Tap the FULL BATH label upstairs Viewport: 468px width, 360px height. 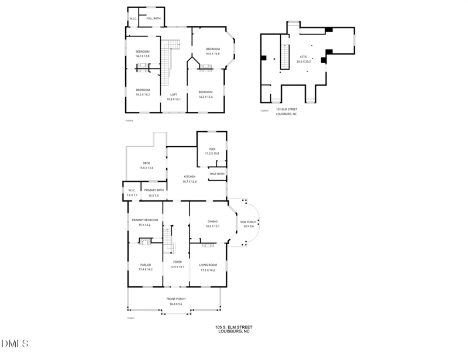pyautogui.click(x=154, y=19)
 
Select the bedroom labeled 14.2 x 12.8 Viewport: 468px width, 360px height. pyautogui.click(x=143, y=54)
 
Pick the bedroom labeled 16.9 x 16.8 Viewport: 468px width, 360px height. pyautogui.click(x=212, y=51)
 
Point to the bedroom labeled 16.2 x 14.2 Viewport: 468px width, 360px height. pyautogui.click(x=143, y=92)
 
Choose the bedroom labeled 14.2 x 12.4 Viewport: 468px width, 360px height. pyautogui.click(x=205, y=94)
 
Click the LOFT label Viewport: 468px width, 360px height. pyautogui.click(x=174, y=97)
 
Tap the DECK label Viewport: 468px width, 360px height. pyautogui.click(x=146, y=166)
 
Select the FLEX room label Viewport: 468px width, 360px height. pyautogui.click(x=212, y=151)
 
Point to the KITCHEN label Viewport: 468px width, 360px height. pyautogui.click(x=190, y=179)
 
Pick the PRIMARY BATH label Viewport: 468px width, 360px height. pyautogui.click(x=154, y=192)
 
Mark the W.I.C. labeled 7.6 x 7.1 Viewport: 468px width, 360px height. pyautogui.click(x=132, y=192)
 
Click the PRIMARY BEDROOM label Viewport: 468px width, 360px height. pyautogui.click(x=144, y=222)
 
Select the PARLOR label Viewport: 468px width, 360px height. pyautogui.click(x=145, y=267)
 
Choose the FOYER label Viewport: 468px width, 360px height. pyautogui.click(x=177, y=264)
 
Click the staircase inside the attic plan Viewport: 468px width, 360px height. pyautogui.click(x=285, y=57)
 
